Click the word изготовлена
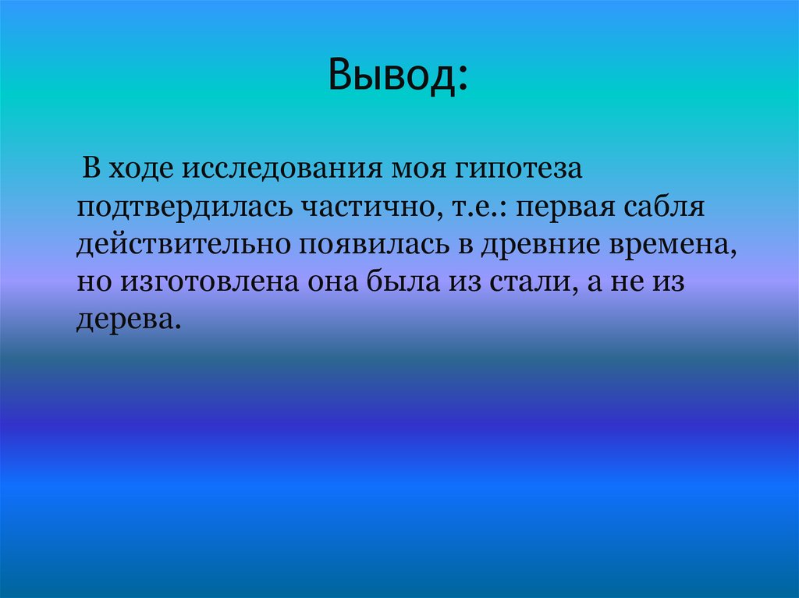click(x=195, y=283)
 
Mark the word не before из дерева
click(x=630, y=283)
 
